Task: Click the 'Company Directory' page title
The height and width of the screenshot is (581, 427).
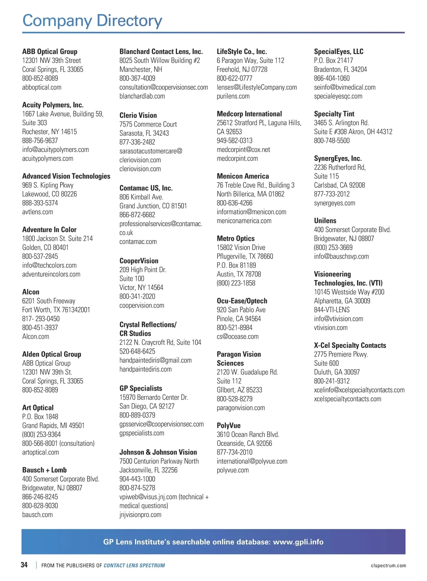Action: (92, 21)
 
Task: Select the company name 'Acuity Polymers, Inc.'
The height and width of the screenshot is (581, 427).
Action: (53, 105)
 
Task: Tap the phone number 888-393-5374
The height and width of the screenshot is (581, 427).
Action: (40, 203)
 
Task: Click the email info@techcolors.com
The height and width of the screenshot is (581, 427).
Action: (49, 265)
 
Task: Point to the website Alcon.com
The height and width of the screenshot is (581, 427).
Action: (36, 337)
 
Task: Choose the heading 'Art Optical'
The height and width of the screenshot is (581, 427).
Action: (38, 408)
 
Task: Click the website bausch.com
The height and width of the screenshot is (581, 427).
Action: (37, 515)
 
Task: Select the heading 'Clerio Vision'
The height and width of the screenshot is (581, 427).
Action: (138, 115)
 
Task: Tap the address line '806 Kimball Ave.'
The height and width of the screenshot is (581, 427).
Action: (141, 197)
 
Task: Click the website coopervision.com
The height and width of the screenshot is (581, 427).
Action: (142, 306)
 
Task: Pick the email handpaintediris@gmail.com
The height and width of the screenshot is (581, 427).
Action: (155, 360)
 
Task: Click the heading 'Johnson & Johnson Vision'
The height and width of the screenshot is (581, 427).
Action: (158, 452)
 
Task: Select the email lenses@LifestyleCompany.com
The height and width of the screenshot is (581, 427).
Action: (257, 87)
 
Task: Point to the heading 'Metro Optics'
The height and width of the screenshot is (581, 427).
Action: (236, 239)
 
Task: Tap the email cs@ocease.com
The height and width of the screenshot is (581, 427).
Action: (237, 337)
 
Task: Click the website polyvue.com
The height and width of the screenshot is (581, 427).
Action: (233, 470)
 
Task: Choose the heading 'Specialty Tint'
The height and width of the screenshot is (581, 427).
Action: (334, 114)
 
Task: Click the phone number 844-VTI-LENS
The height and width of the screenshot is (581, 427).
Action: (332, 310)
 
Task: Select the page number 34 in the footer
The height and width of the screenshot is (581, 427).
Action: (24, 565)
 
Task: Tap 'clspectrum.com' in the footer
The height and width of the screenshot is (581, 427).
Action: (388, 566)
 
